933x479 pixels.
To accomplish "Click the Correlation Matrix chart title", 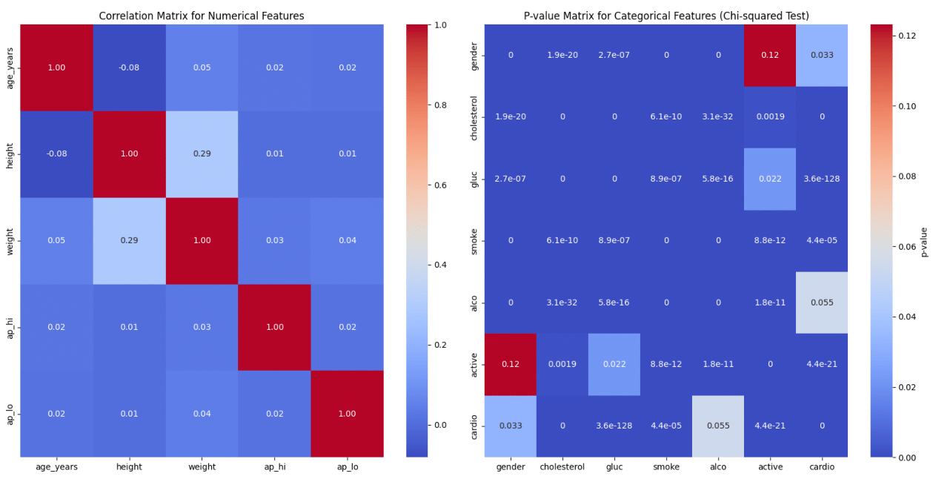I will (202, 16).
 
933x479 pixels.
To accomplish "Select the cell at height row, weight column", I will (202, 154).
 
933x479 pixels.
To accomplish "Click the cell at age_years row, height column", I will (129, 67).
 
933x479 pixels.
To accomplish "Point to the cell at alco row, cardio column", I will (822, 303).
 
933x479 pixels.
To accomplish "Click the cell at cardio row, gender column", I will (511, 426).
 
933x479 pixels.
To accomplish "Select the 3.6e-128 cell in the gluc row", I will (822, 179).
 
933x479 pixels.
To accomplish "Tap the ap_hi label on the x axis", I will (274, 467).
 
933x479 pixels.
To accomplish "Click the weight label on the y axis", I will (10, 241).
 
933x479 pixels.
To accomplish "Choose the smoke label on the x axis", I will (666, 468).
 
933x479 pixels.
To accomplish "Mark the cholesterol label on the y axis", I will (474, 117).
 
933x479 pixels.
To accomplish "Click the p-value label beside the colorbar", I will (924, 241).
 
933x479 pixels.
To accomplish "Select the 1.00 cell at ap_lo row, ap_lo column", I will (347, 414).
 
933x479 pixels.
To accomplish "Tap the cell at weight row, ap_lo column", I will (347, 240).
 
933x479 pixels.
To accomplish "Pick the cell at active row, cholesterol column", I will (562, 364).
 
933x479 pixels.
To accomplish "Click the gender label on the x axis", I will (511, 468).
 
